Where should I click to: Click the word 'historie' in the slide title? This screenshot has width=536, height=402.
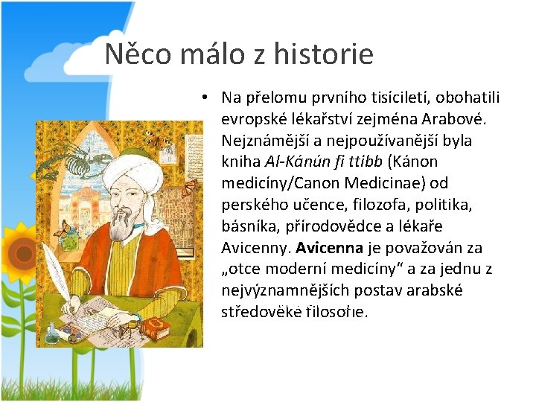pos(323,54)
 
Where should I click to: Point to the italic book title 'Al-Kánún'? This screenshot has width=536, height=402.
pos(288,162)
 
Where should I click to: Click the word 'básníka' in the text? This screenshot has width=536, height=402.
pos(246,226)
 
